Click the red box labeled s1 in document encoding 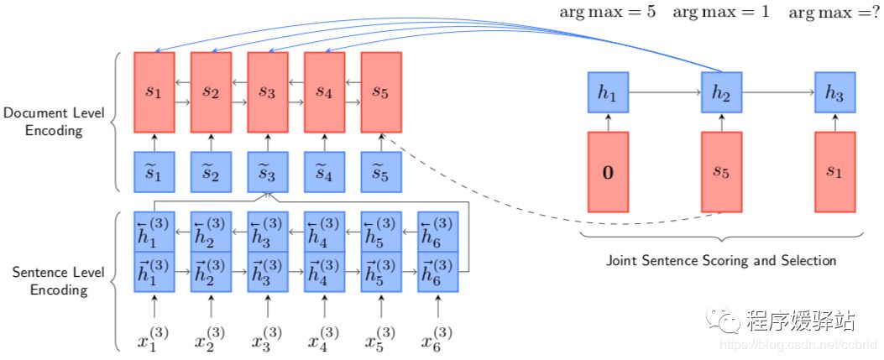click(x=154, y=92)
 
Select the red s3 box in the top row click(x=267, y=92)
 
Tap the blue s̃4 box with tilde click(x=324, y=172)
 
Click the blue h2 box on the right click(x=721, y=93)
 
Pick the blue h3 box click(x=834, y=93)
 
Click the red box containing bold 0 click(x=609, y=172)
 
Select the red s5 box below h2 click(x=721, y=172)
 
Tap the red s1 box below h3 click(x=834, y=172)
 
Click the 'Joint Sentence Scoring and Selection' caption click(x=721, y=260)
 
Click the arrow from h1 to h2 click(x=665, y=93)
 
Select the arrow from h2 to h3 click(x=777, y=93)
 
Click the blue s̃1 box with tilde click(x=154, y=172)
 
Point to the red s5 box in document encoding click(x=380, y=92)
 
